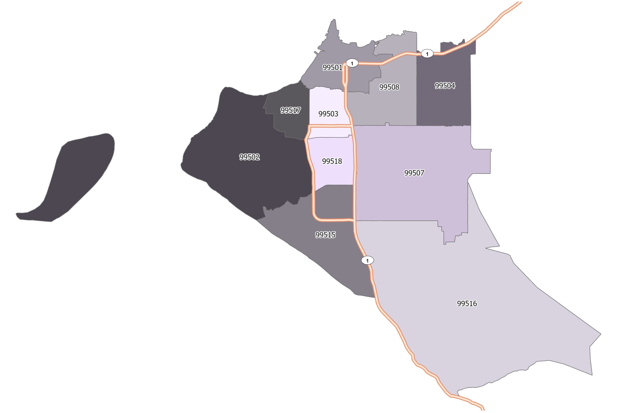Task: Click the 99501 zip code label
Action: [x=333, y=68]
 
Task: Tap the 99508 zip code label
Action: [x=389, y=87]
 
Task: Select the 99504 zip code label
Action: [x=445, y=86]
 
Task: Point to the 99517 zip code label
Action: [x=290, y=110]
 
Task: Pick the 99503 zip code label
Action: [x=328, y=114]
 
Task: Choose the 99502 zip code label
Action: [x=249, y=157]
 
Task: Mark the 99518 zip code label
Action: [x=332, y=161]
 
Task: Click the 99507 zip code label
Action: [x=414, y=173]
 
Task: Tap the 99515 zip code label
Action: [x=325, y=235]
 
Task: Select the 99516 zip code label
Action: [x=467, y=304]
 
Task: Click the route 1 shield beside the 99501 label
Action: [x=352, y=63]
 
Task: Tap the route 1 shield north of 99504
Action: [x=427, y=54]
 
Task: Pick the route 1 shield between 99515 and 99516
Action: [x=367, y=261]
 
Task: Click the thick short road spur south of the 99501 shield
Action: [x=345, y=75]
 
